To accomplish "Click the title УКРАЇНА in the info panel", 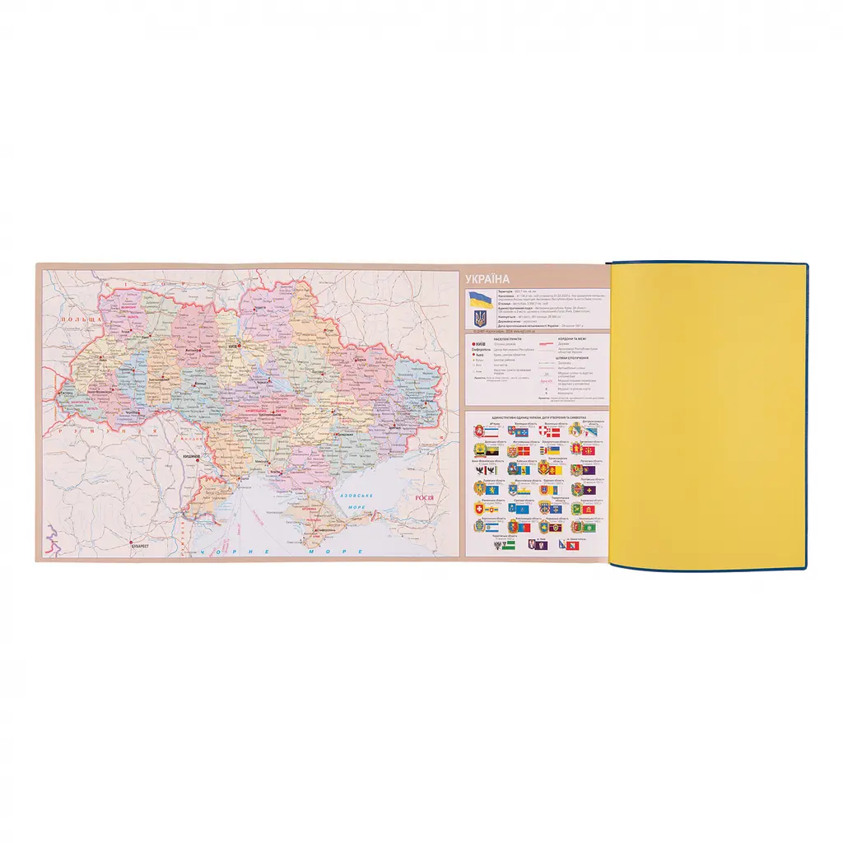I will (487, 278).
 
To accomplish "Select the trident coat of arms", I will (479, 316).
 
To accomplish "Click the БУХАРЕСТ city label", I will (134, 545).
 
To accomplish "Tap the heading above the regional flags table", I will (535, 417).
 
